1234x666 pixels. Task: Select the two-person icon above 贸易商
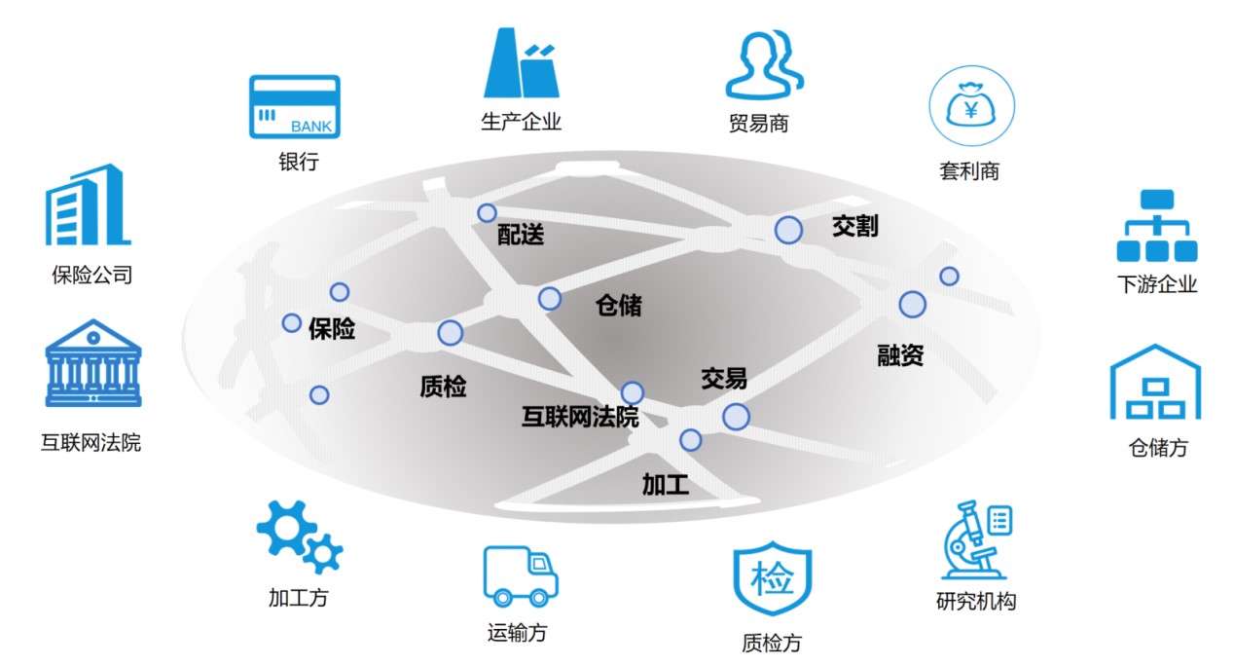point(764,64)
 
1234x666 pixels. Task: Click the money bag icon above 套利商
point(970,107)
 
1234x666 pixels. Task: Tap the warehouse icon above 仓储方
point(1155,383)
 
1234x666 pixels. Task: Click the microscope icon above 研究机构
point(976,540)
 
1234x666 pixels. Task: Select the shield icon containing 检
point(772,578)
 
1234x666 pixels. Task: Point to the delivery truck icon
point(520,575)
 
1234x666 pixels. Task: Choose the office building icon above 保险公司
point(88,204)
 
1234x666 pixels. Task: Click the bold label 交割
point(854,226)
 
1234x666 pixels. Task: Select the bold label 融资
point(900,355)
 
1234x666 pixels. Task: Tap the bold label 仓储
point(618,306)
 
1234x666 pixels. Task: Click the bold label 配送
point(521,234)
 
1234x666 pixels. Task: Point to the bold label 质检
point(443,387)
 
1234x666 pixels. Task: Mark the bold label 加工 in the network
point(666,484)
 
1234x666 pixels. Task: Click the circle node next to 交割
point(788,231)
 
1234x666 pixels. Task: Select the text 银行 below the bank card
point(298,161)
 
